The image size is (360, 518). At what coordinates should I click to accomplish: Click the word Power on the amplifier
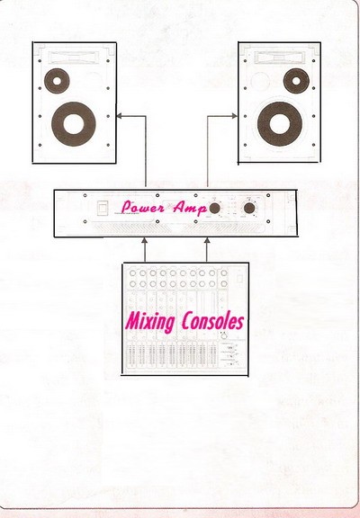(x=142, y=207)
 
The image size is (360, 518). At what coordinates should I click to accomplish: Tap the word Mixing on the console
(x=150, y=321)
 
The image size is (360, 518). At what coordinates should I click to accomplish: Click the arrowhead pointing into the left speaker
(x=119, y=116)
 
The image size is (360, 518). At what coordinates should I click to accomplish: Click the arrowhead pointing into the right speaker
(x=234, y=116)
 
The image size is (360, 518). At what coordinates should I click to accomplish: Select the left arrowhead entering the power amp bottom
(x=145, y=240)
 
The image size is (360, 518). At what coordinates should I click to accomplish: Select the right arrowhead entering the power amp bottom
(x=207, y=240)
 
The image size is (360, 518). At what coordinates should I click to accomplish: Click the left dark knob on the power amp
(x=214, y=208)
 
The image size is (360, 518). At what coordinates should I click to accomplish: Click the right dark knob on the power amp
(x=249, y=208)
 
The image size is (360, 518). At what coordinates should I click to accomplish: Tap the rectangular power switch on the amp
(x=102, y=208)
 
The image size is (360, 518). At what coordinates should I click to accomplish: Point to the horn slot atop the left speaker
(x=74, y=58)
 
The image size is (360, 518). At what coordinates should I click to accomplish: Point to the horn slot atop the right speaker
(x=279, y=58)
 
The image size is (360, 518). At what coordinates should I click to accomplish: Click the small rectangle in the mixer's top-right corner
(x=239, y=279)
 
